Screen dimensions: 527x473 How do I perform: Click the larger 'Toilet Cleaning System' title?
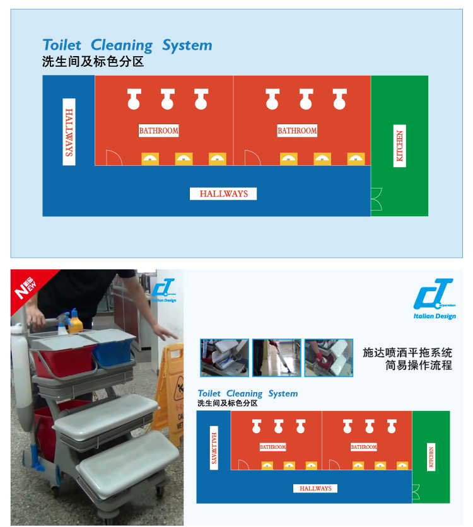click(x=127, y=45)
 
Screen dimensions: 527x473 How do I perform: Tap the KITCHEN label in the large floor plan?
click(x=400, y=146)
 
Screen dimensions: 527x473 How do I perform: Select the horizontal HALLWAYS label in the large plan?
click(x=223, y=194)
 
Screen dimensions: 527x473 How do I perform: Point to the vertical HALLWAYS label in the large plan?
click(x=69, y=132)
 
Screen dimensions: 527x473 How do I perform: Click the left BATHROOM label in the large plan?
click(x=159, y=130)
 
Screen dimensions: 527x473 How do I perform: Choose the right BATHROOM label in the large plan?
click(x=297, y=130)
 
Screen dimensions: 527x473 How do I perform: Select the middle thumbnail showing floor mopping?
click(x=277, y=357)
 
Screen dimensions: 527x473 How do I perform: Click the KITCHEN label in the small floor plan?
click(x=431, y=457)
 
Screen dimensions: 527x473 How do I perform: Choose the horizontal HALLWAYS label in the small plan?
click(x=315, y=489)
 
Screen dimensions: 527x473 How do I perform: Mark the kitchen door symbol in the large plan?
click(x=377, y=199)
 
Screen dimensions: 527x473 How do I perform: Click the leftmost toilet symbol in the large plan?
click(x=134, y=98)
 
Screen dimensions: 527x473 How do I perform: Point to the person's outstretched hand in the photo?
click(x=165, y=333)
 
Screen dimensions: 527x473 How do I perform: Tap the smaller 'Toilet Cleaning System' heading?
click(x=248, y=393)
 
